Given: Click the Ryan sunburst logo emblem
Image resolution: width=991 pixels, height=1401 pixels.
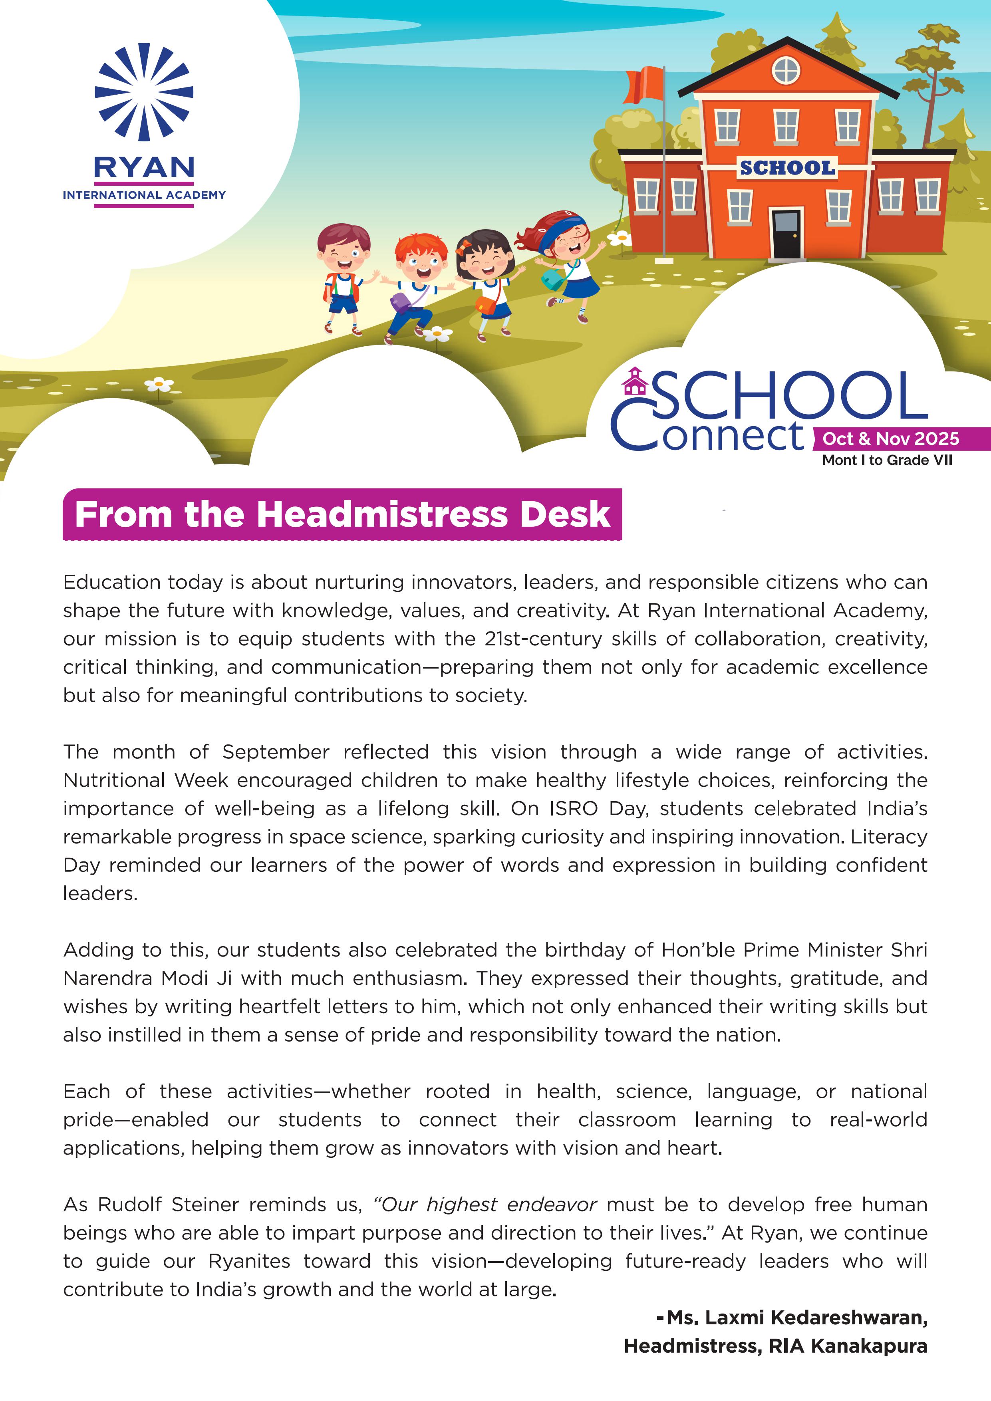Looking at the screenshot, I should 144,92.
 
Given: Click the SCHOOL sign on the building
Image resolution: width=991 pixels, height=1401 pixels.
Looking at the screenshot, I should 786,168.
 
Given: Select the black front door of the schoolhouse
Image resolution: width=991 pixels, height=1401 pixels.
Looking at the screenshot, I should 786,234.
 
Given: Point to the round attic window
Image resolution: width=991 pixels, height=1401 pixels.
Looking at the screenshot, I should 786,70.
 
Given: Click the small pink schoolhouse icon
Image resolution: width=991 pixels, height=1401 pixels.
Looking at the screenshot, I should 635,381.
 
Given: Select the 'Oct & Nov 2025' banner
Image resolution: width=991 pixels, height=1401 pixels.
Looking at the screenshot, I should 890,439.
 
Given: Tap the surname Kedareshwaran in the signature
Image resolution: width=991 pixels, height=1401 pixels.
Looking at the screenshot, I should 850,1318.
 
